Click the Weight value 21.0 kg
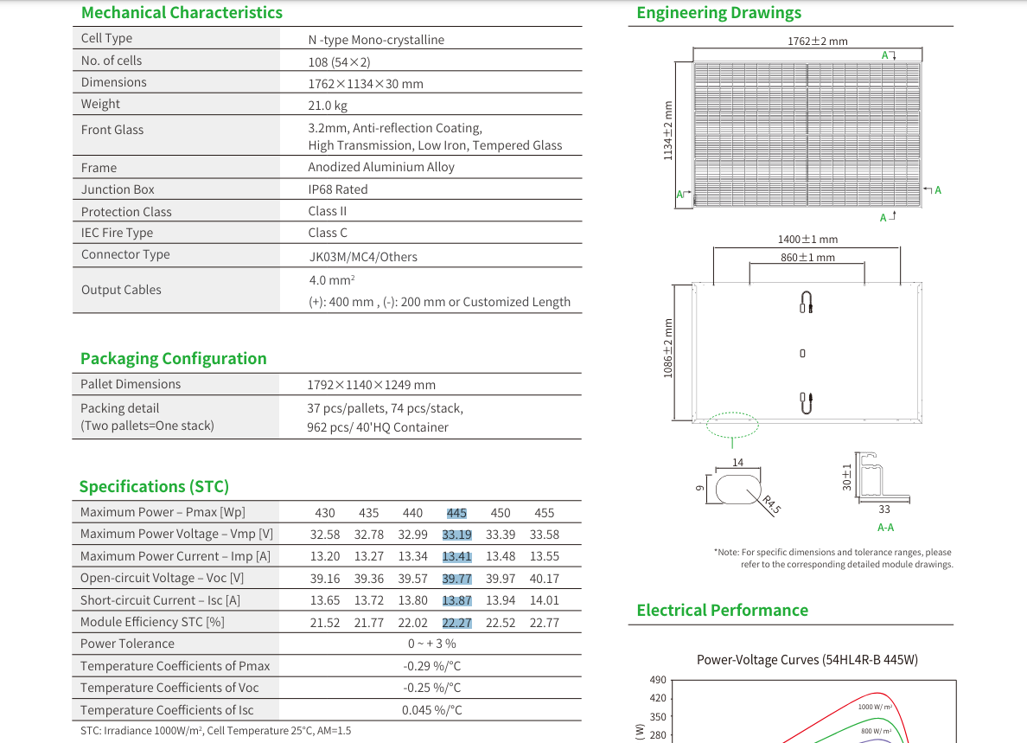click(328, 106)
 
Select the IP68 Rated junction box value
click(338, 189)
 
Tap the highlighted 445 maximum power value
click(456, 513)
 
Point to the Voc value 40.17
click(545, 579)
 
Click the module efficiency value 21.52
click(325, 623)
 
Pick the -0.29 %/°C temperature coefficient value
click(431, 666)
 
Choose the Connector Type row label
click(125, 254)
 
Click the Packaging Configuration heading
click(174, 358)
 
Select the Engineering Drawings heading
click(719, 13)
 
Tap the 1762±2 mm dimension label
click(818, 42)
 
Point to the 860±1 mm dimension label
click(807, 258)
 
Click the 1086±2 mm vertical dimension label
click(668, 348)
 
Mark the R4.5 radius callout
click(772, 504)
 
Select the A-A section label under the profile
click(885, 528)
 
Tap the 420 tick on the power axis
click(658, 698)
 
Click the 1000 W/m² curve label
click(875, 707)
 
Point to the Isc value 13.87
click(456, 600)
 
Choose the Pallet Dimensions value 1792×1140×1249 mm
click(372, 385)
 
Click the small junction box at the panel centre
click(802, 353)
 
